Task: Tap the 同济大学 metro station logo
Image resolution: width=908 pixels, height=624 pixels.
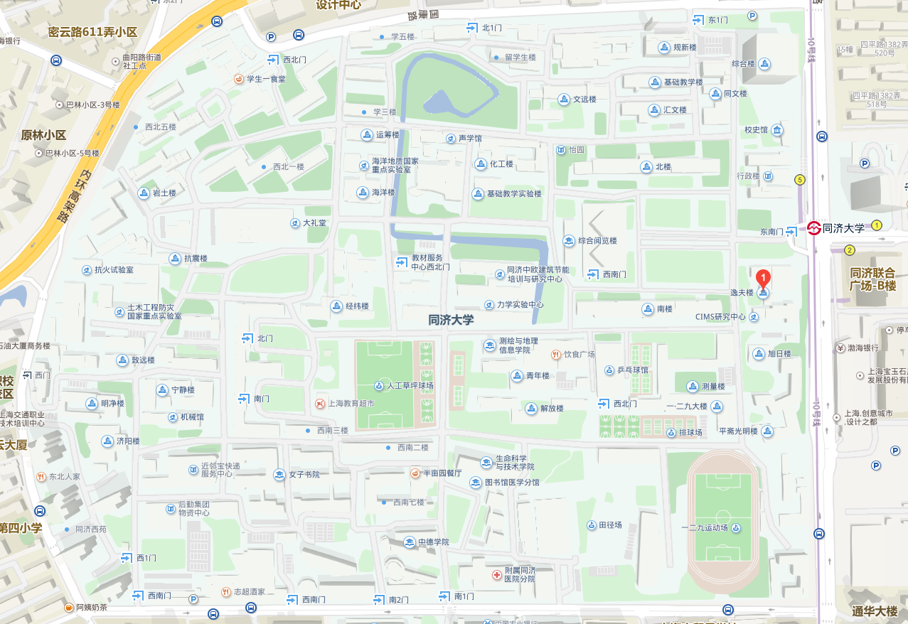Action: [x=814, y=228]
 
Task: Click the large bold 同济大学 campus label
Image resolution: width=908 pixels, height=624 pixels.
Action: [x=451, y=321]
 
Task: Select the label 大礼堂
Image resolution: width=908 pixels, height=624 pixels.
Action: [x=315, y=223]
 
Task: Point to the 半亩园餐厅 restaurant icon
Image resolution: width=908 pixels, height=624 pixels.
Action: [x=416, y=473]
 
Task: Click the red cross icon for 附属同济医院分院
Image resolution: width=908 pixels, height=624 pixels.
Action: [x=496, y=574]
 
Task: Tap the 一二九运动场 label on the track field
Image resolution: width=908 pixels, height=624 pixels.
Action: [x=704, y=528]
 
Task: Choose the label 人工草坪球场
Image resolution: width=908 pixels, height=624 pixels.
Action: [x=410, y=386]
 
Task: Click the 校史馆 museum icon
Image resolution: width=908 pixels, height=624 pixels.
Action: [x=777, y=130]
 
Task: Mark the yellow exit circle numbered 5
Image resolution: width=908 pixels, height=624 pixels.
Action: [x=800, y=180]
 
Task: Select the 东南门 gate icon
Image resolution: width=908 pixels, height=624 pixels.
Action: [x=791, y=231]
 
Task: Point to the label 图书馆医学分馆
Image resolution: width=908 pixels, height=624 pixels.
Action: [x=512, y=483]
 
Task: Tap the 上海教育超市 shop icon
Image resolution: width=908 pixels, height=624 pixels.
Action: [x=320, y=403]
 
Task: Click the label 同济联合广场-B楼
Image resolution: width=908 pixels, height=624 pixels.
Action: [x=873, y=279]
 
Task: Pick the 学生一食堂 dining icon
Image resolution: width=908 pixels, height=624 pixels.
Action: [x=239, y=79]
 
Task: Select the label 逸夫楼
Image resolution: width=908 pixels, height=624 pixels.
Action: [x=741, y=293]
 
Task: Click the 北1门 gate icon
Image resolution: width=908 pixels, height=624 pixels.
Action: [x=471, y=28]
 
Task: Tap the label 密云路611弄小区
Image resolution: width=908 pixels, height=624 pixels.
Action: [x=92, y=32]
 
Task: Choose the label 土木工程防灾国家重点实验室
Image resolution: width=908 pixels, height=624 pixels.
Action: [x=154, y=311]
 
